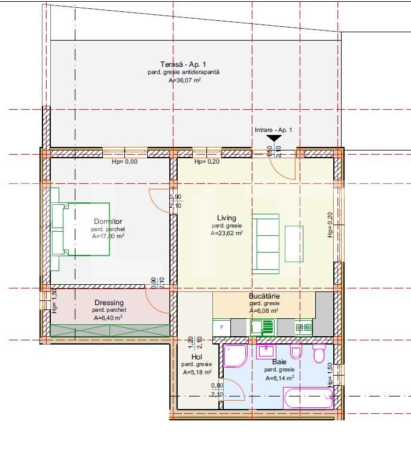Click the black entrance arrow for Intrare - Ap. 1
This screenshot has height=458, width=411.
click(273, 139)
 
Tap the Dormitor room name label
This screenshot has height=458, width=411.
click(108, 222)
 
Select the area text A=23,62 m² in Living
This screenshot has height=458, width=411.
click(227, 234)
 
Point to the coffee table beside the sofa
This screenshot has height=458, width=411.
click(294, 244)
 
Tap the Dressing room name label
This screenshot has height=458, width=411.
click(108, 303)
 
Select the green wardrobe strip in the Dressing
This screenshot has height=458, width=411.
click(110, 330)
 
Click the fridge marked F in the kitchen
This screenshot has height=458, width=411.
click(222, 327)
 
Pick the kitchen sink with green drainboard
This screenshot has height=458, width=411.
click(262, 327)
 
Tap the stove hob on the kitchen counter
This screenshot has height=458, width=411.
click(303, 327)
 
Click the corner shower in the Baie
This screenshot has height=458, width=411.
click(235, 356)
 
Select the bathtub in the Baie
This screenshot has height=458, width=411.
click(308, 398)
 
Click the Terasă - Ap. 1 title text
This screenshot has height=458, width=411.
click(183, 64)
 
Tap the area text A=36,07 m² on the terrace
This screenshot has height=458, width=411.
click(184, 79)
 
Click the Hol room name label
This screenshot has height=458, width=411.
click(197, 357)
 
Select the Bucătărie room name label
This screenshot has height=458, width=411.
click(264, 296)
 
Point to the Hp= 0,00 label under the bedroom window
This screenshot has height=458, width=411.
click(124, 162)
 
